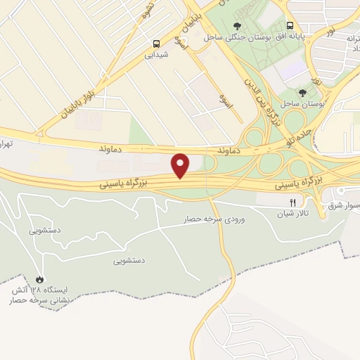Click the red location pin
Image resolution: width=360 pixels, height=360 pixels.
tap(181, 165)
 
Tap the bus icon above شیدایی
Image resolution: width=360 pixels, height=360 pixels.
tap(156, 43)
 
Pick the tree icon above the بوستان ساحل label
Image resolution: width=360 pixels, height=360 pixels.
tap(302, 92)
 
